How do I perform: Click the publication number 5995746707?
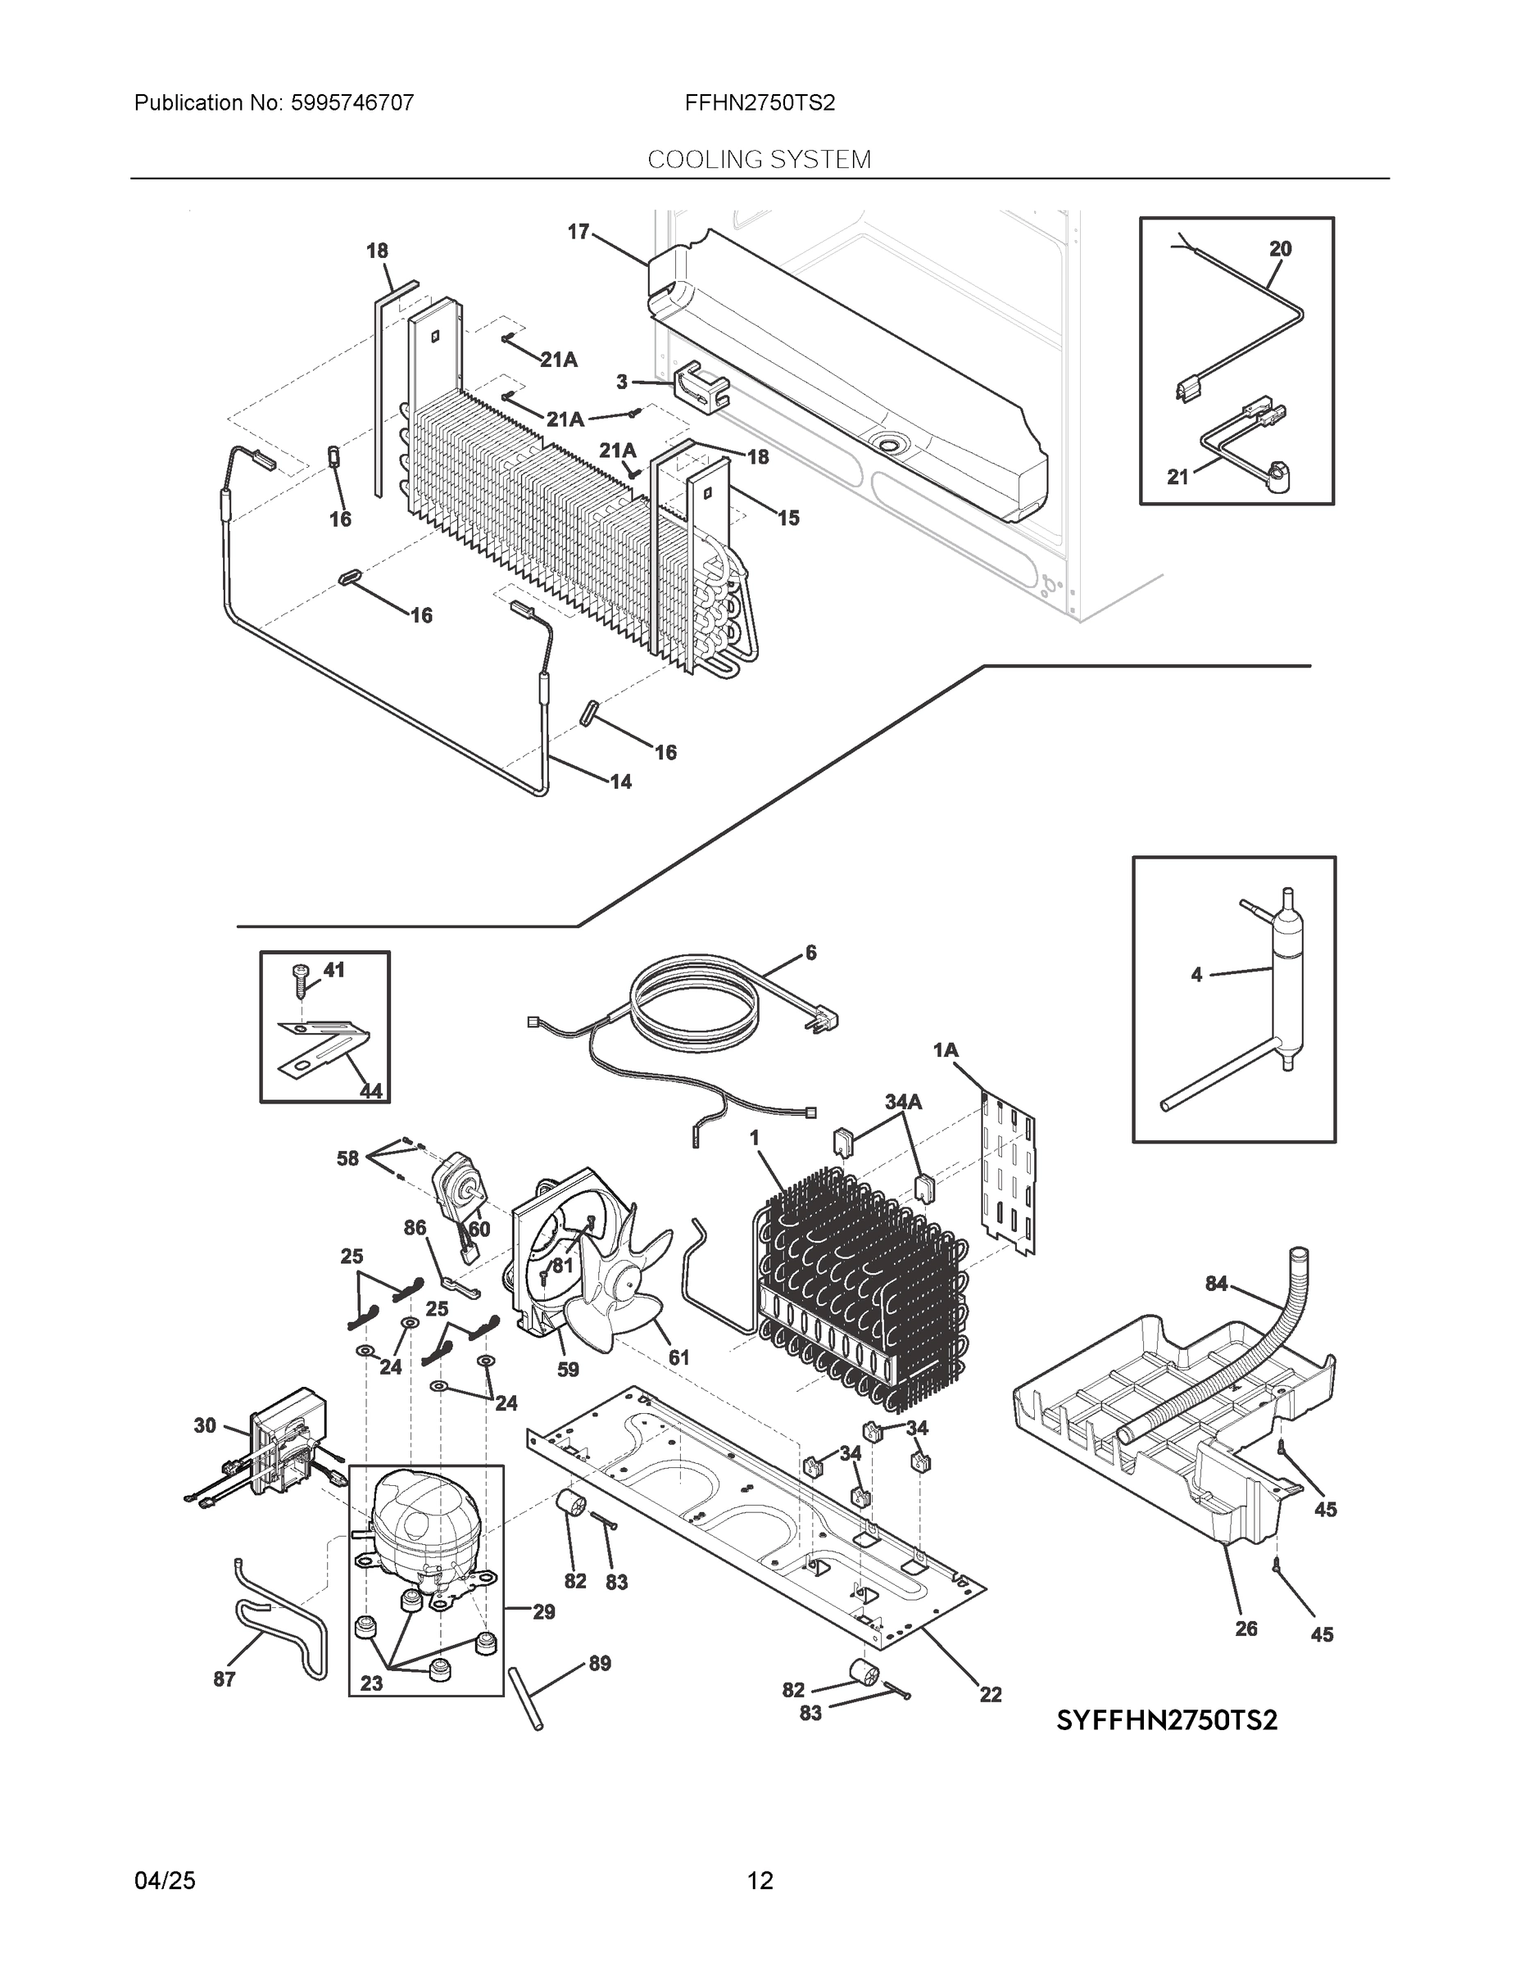(x=352, y=102)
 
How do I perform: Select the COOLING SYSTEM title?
(x=759, y=160)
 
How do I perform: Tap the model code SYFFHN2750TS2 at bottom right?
(x=1166, y=1720)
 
